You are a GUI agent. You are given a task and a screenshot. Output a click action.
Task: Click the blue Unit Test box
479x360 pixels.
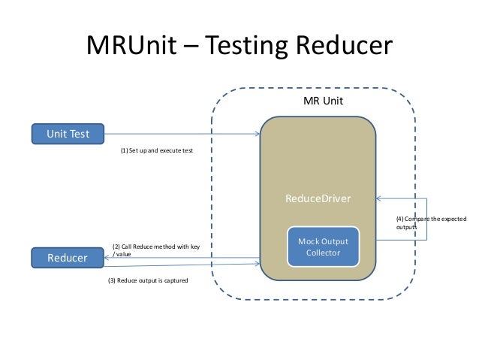[x=68, y=135]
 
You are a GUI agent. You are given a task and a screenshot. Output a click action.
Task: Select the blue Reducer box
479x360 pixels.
[x=68, y=258]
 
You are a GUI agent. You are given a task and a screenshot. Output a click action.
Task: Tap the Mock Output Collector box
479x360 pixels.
[x=323, y=247]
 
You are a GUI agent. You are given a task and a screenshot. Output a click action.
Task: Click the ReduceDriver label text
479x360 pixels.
[x=318, y=198]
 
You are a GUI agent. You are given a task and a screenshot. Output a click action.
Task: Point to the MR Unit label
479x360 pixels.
[x=323, y=101]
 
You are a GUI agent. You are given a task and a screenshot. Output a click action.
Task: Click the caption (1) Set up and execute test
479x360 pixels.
[x=156, y=150]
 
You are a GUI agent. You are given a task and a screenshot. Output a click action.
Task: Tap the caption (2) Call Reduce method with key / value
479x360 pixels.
[x=156, y=250]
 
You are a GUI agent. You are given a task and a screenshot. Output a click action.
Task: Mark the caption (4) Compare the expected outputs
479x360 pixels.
[x=430, y=222]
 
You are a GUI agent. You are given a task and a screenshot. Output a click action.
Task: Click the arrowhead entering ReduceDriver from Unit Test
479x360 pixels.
[x=257, y=135]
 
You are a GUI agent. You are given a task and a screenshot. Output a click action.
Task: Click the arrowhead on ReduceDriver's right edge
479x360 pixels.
[x=380, y=199]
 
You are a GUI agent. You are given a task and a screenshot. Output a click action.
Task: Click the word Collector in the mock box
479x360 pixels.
[x=323, y=253]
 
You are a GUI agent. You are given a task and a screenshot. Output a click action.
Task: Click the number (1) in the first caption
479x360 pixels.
[x=124, y=150]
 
